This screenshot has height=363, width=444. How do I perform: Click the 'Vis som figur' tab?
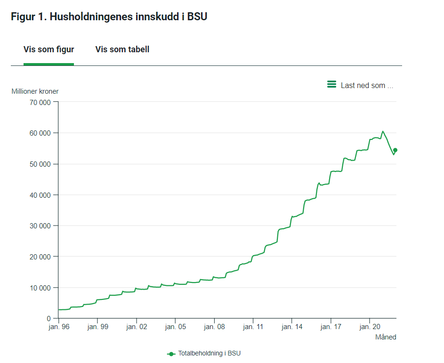pyautogui.click(x=48, y=49)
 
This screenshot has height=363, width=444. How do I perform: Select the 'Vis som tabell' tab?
pyautogui.click(x=122, y=49)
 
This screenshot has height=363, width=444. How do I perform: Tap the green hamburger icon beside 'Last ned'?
pyautogui.click(x=331, y=85)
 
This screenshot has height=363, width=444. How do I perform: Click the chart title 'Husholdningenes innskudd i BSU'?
pyautogui.click(x=109, y=17)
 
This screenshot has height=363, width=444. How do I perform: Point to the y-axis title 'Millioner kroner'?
pyautogui.click(x=35, y=91)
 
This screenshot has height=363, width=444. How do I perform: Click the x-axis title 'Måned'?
pyautogui.click(x=385, y=337)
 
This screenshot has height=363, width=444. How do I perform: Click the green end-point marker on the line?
pyautogui.click(x=395, y=150)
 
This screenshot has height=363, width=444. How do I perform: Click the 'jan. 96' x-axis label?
pyautogui.click(x=58, y=327)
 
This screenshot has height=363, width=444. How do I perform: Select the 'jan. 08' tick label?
pyautogui.click(x=214, y=327)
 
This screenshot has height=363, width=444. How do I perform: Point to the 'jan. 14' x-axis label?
pyautogui.click(x=292, y=327)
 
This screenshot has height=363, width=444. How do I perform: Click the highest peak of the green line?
pyautogui.click(x=383, y=131)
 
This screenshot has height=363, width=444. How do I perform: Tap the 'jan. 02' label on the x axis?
pyautogui.click(x=136, y=327)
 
